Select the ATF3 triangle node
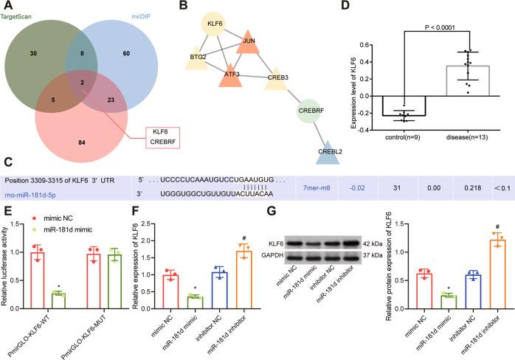(x=230, y=72)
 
